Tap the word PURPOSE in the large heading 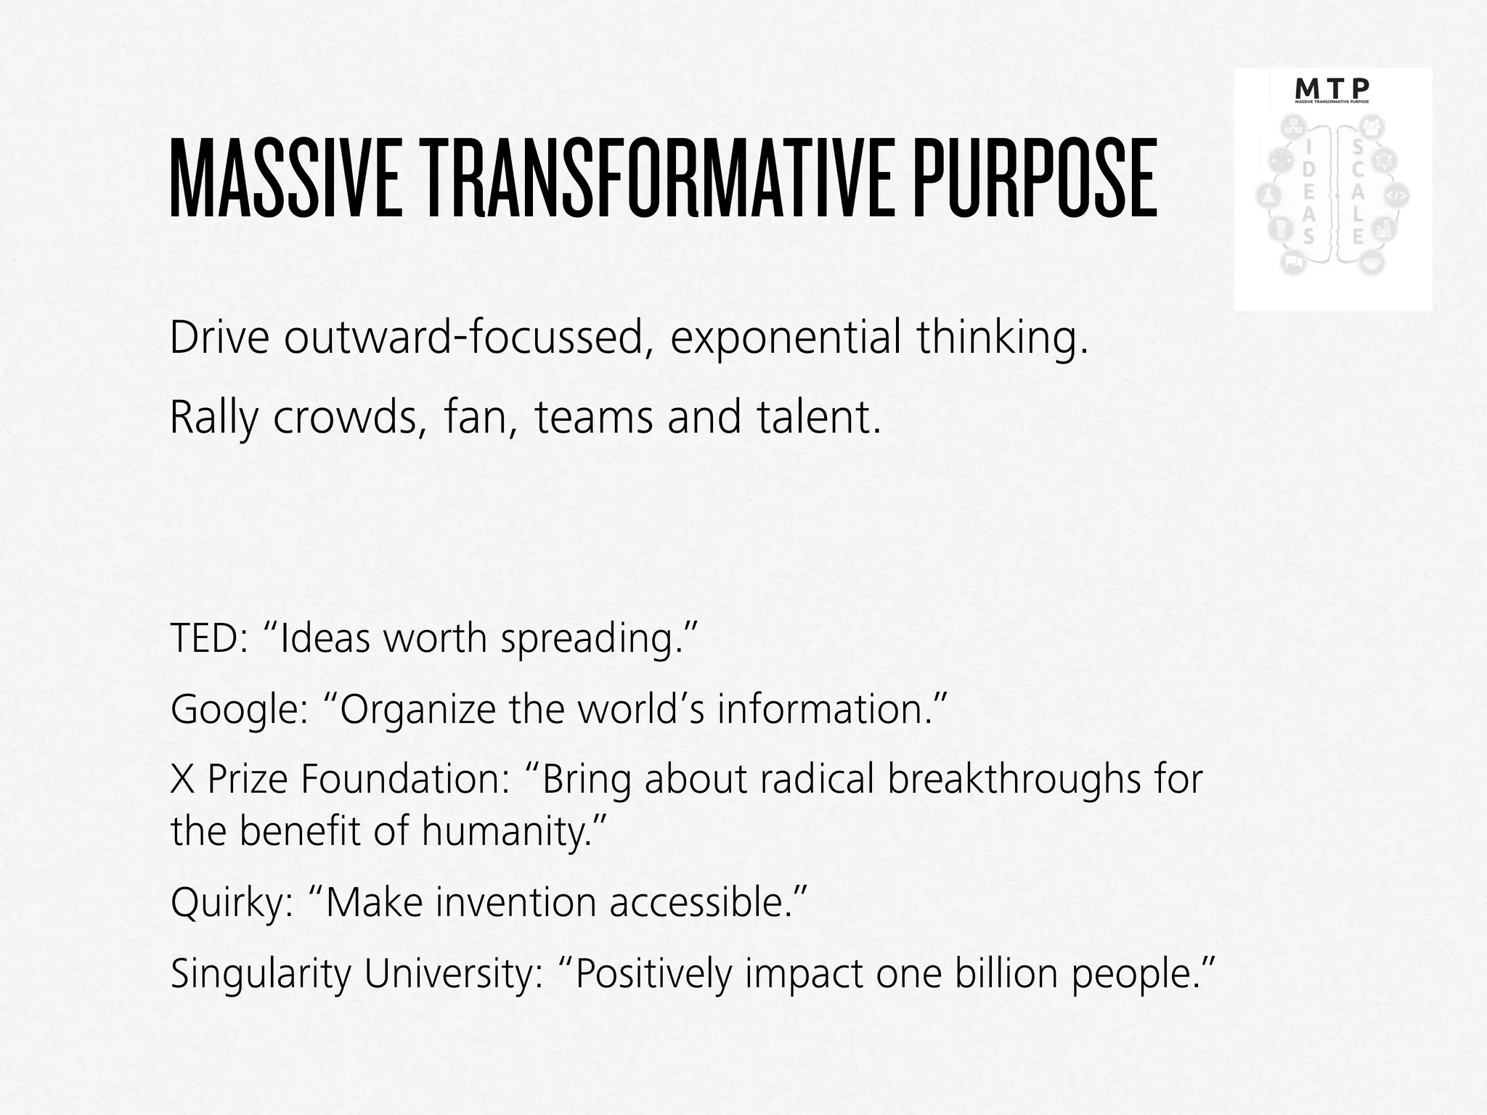pos(1034,179)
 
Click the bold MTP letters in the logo pos(1332,89)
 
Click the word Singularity pos(261,974)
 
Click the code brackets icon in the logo pos(1398,195)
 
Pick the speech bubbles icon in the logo pos(1292,263)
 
